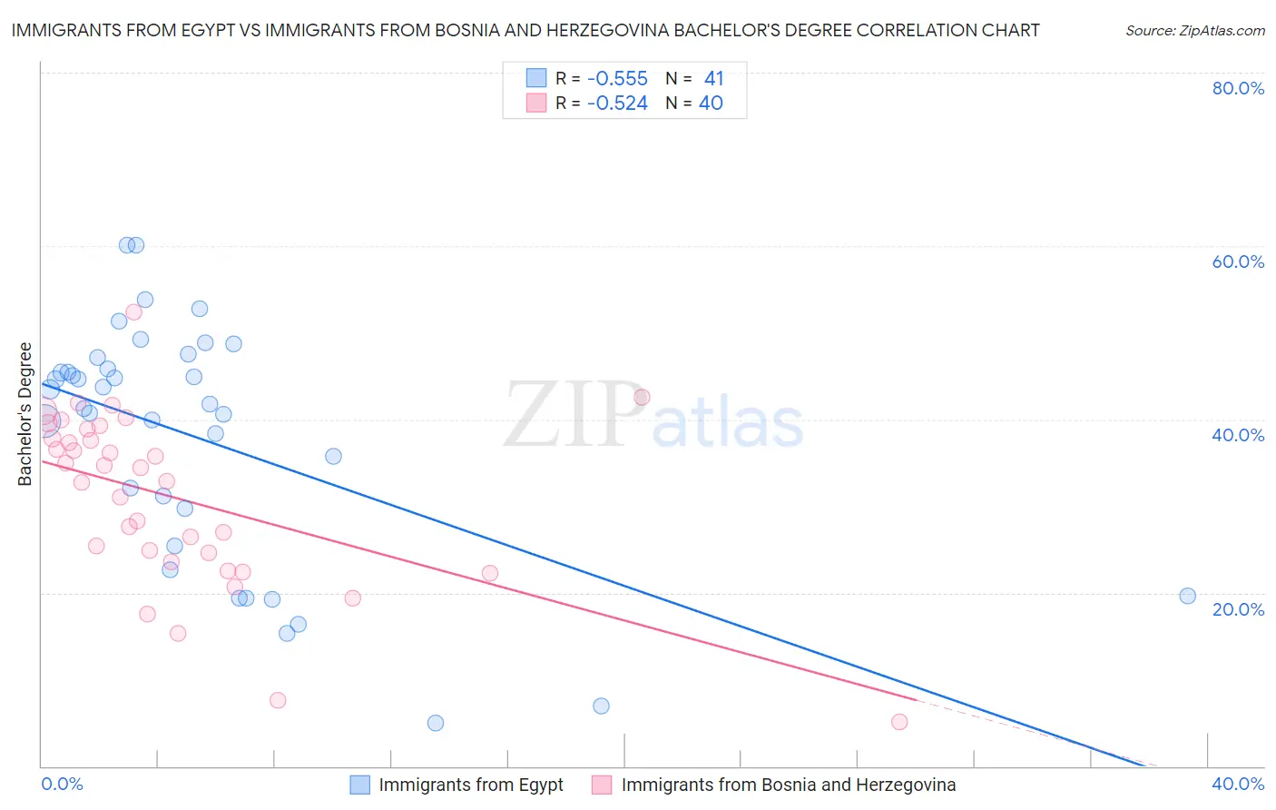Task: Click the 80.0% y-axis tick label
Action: pyautogui.click(x=1238, y=88)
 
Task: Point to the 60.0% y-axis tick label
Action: pyautogui.click(x=1238, y=262)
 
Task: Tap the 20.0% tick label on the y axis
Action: pyautogui.click(x=1238, y=609)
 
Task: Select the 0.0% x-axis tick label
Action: pyautogui.click(x=62, y=784)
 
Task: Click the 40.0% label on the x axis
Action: pyautogui.click(x=1238, y=784)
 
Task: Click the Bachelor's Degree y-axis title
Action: pyautogui.click(x=25, y=414)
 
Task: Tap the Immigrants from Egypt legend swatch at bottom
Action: pyautogui.click(x=360, y=785)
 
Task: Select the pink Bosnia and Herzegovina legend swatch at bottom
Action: pyautogui.click(x=602, y=785)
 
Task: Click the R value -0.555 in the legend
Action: pyautogui.click(x=617, y=79)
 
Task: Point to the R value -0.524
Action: pyautogui.click(x=617, y=104)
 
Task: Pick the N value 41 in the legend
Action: pyautogui.click(x=713, y=79)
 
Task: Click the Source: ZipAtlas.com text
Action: pyautogui.click(x=1194, y=31)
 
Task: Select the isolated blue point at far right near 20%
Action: pyautogui.click(x=1187, y=596)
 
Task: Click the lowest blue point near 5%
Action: pyautogui.click(x=436, y=723)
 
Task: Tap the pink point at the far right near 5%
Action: pyautogui.click(x=899, y=722)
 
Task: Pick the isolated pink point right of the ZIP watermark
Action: pyautogui.click(x=642, y=397)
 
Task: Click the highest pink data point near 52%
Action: pyautogui.click(x=133, y=311)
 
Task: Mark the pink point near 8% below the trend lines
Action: pyautogui.click(x=278, y=700)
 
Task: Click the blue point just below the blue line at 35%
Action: pyautogui.click(x=333, y=456)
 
